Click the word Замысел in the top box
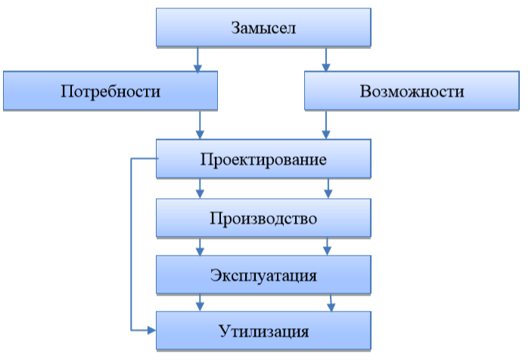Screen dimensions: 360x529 263,28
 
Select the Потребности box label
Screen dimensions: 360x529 110,92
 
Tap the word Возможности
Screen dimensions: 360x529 412,92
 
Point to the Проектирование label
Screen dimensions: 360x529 263,160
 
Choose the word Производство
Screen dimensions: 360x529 263,219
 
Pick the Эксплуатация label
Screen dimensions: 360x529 263,274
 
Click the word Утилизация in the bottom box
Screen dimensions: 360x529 263,331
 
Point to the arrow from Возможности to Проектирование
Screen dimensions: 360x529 327,125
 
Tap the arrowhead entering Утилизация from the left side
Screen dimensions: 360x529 151,331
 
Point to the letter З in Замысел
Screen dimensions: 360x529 235,28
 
